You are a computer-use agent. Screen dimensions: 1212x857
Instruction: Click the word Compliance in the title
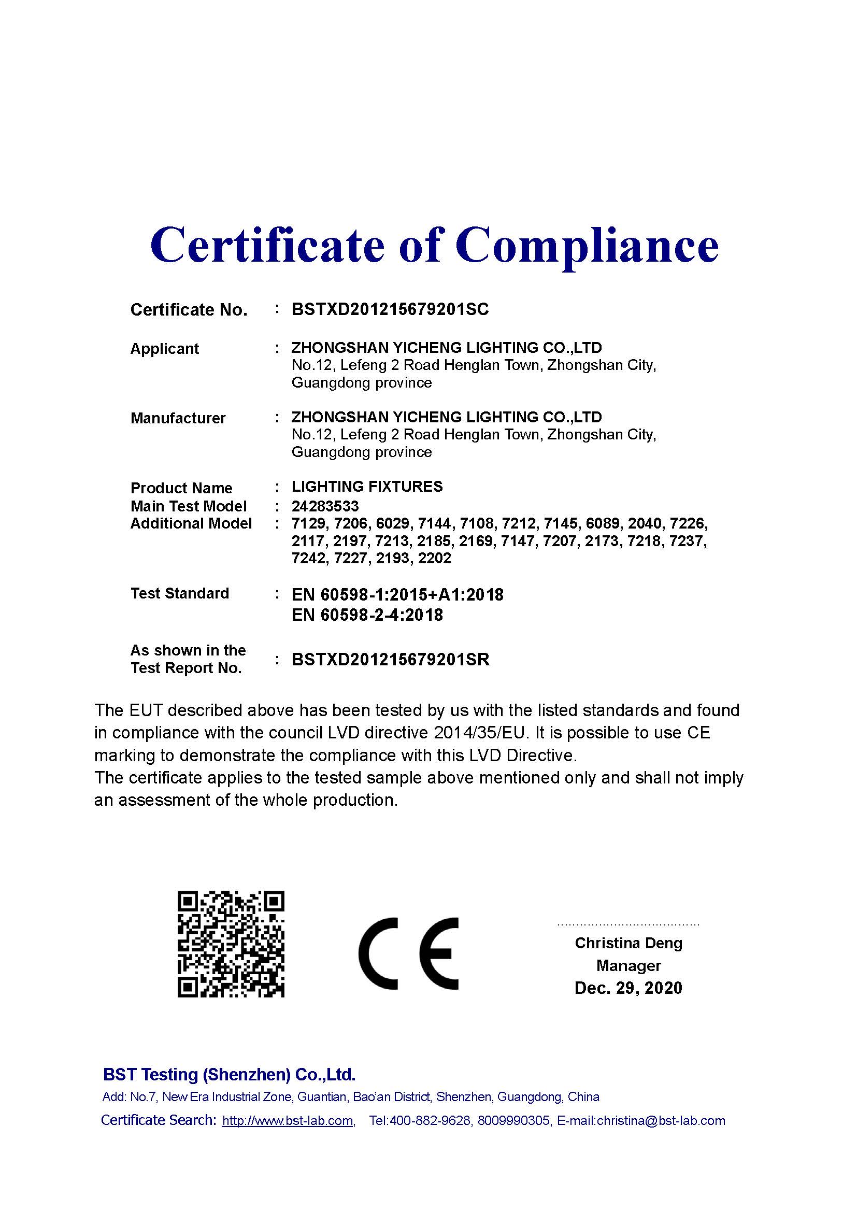coord(587,245)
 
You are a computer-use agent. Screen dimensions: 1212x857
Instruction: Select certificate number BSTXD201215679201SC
coord(390,309)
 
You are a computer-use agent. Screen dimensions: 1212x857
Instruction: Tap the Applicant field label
coord(164,348)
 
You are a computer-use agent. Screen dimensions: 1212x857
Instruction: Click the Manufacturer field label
coord(177,418)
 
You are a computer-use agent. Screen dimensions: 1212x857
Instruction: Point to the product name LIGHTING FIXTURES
coord(367,487)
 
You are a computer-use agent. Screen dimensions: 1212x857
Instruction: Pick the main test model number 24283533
coord(324,506)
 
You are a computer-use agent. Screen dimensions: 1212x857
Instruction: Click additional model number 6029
coord(393,524)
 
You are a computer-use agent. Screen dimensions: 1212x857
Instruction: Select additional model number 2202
coord(434,559)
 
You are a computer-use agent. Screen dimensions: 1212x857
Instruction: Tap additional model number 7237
coord(688,541)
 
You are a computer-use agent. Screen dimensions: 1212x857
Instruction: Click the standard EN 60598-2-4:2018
coord(367,615)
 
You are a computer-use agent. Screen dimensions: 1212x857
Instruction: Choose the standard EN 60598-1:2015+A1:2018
coord(397,595)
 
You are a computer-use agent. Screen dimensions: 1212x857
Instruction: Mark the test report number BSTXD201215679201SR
coord(390,659)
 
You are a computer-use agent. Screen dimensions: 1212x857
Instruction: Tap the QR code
coord(231,945)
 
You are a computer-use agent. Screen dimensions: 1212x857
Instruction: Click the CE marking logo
coord(408,954)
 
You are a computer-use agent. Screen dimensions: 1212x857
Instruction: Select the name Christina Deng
coord(628,943)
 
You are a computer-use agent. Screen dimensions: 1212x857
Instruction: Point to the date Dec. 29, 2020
coord(628,988)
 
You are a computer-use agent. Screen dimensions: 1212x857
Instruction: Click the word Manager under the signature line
coord(628,965)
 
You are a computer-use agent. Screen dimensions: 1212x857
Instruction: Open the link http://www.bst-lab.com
coord(288,1121)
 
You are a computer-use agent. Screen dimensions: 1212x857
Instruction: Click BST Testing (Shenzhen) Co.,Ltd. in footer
coord(229,1074)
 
